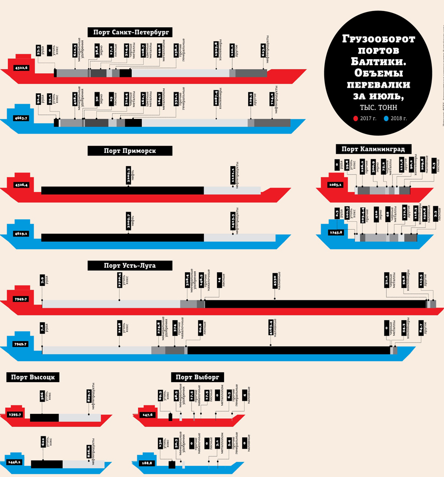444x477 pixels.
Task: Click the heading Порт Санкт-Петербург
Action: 130,32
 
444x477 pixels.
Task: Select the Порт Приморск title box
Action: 130,150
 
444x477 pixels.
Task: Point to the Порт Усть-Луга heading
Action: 130,265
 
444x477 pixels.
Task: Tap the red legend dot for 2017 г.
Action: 355,118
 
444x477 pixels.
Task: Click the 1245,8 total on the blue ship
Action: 334,232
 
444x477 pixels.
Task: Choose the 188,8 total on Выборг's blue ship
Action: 148,463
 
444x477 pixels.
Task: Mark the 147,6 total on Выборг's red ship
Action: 148,415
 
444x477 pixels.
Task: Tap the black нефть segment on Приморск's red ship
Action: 122,190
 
